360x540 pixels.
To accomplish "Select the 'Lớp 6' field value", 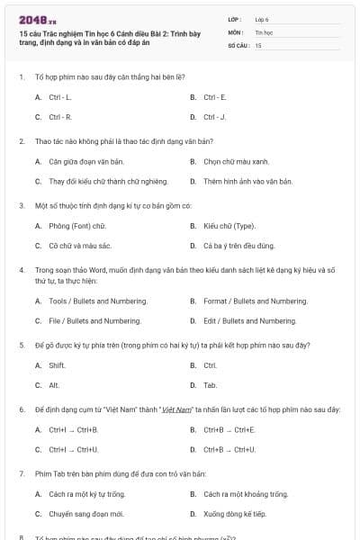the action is [262, 18].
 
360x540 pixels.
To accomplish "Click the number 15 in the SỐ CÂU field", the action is [258, 44].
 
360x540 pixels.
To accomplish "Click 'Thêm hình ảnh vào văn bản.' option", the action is [247, 181].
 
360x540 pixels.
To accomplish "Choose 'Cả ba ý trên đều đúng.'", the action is [238, 245].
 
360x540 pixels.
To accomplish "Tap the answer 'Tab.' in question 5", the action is [211, 384].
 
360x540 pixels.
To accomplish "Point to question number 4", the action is [21, 269].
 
